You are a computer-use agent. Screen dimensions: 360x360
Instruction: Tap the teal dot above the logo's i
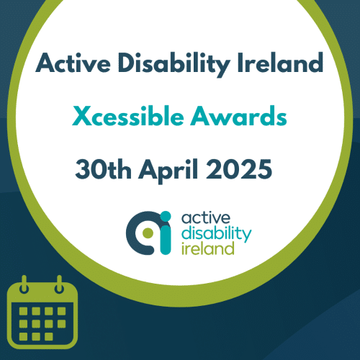[x=166, y=216]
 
